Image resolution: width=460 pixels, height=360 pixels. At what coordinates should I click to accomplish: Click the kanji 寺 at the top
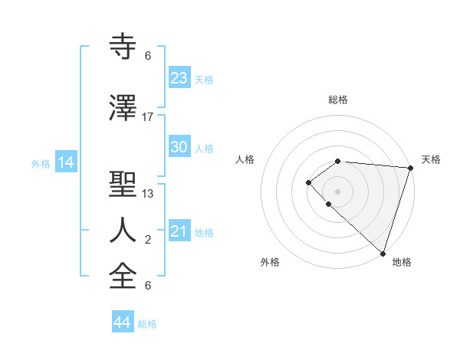click(x=123, y=47)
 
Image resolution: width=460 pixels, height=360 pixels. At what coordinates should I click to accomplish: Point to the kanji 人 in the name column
click(x=123, y=230)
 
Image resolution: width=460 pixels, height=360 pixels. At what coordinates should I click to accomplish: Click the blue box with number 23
click(x=179, y=78)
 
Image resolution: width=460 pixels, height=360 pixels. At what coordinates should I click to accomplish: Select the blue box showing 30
click(x=179, y=147)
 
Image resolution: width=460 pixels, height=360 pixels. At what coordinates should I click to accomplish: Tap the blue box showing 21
click(x=179, y=231)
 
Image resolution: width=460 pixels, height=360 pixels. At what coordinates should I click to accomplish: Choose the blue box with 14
click(x=66, y=162)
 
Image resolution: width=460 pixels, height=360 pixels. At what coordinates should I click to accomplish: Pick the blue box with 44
click(x=122, y=322)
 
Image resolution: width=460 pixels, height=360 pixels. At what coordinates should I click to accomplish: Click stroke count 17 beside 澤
click(x=148, y=117)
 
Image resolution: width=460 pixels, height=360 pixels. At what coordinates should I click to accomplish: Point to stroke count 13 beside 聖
click(x=148, y=194)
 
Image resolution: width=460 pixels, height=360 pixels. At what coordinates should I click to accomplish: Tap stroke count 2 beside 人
click(x=148, y=240)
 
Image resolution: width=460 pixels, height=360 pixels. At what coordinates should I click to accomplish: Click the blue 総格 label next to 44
click(x=147, y=324)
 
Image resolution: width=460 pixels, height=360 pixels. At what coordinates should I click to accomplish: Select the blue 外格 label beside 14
click(x=40, y=164)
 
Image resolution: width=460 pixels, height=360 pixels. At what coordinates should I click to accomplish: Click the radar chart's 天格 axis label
click(x=432, y=159)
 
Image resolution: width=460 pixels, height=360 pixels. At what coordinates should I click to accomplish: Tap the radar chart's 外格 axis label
click(x=270, y=262)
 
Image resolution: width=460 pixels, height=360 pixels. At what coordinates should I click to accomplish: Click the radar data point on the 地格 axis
click(x=383, y=253)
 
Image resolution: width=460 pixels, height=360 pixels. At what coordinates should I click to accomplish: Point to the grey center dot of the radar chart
click(x=337, y=191)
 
